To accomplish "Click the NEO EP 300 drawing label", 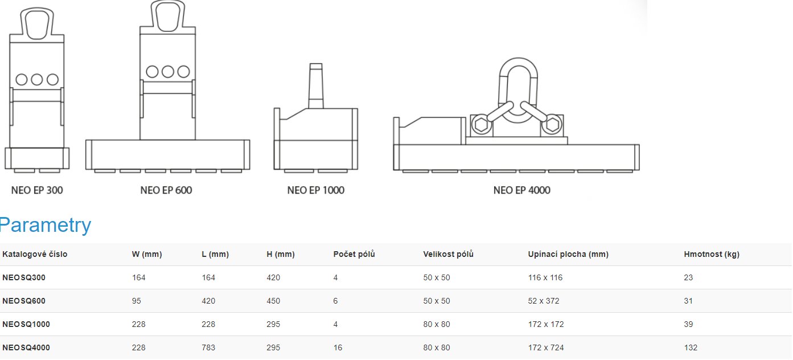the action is (37, 190).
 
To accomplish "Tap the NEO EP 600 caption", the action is (166, 190).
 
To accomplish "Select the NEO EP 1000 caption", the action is (316, 190).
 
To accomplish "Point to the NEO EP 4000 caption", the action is (522, 190).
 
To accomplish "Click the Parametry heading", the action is (45, 224).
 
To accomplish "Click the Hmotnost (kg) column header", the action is (712, 254).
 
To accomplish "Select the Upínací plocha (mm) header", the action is (568, 254).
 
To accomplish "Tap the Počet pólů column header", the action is (354, 254).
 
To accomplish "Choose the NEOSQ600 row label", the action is (24, 301).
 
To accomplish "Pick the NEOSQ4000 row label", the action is (26, 347).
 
